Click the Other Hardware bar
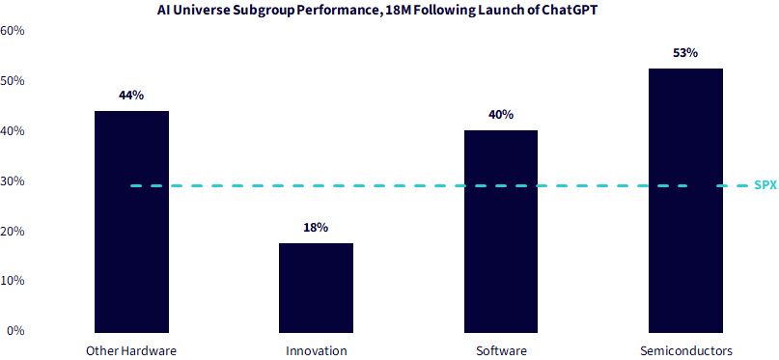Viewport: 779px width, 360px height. pos(131,221)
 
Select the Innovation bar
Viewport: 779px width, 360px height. pos(316,288)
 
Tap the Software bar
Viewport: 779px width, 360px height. pos(501,232)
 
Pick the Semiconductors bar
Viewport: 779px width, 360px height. pos(685,200)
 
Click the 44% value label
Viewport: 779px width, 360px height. pos(131,96)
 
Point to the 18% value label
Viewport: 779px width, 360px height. pos(316,228)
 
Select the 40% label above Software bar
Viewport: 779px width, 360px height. pos(501,115)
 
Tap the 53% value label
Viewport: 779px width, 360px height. pos(685,53)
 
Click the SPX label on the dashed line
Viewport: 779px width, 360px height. pos(765,186)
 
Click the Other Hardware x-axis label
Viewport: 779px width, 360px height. pos(131,350)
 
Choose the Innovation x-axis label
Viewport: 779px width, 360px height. pos(316,350)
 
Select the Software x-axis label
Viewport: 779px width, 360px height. pos(501,350)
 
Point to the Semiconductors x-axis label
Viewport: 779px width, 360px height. pos(686,350)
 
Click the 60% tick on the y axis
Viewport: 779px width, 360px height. pos(13,31)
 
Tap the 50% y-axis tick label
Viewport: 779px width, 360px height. pos(13,81)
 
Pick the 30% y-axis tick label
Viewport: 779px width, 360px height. pos(13,181)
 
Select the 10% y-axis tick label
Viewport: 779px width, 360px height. pos(13,281)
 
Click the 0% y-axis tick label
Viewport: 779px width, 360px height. pos(15,331)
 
